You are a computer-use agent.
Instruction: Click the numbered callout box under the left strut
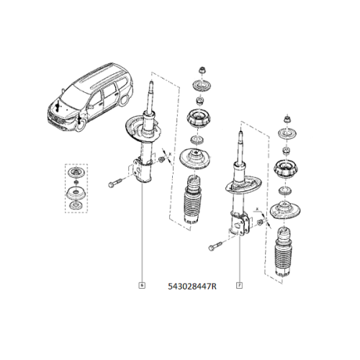(x=142, y=285)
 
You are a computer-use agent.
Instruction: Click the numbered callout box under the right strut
(x=238, y=285)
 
